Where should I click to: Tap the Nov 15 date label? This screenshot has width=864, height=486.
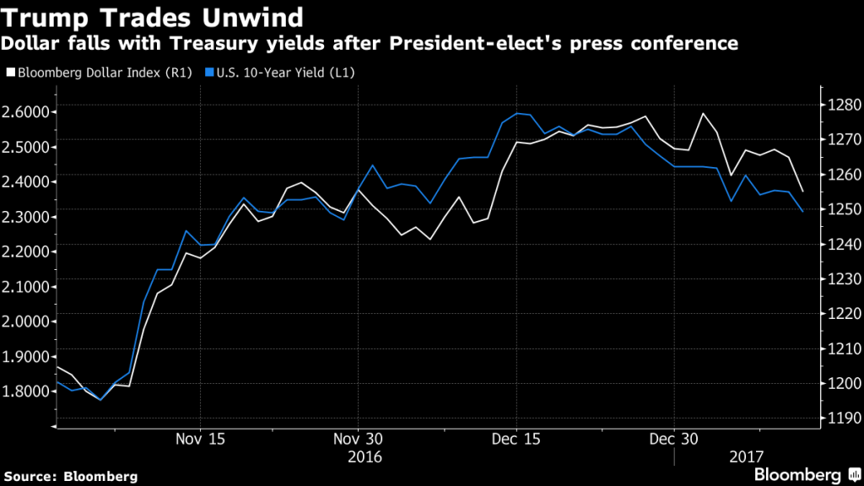click(200, 439)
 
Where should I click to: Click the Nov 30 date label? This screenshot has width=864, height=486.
click(359, 439)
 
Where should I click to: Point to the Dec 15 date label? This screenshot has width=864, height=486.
click(516, 439)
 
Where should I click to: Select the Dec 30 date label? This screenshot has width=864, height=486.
click(674, 439)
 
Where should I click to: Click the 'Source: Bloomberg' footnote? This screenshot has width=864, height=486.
click(69, 477)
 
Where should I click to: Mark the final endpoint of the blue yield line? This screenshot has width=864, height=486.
click(802, 212)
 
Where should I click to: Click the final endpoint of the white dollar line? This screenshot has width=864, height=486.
click(802, 192)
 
